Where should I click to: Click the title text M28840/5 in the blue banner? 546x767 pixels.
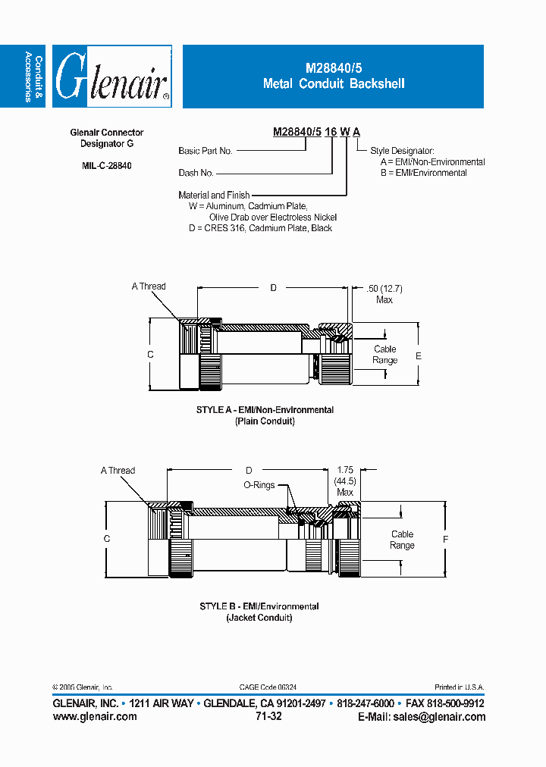click(333, 69)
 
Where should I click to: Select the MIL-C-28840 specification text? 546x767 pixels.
click(106, 165)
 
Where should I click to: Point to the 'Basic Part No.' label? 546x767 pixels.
click(205, 151)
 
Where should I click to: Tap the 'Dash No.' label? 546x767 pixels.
click(196, 173)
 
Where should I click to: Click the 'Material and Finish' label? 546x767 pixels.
click(214, 195)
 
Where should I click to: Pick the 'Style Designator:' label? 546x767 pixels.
click(402, 151)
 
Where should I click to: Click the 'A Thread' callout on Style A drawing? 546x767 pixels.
click(148, 286)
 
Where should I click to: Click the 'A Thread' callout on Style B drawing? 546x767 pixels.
click(118, 470)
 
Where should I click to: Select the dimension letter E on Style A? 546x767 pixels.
click(419, 355)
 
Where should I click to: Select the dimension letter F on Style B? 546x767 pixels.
click(445, 539)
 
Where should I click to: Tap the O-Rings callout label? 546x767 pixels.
click(259, 485)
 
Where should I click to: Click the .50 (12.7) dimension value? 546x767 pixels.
click(384, 289)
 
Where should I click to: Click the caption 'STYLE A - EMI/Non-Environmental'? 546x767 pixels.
click(265, 410)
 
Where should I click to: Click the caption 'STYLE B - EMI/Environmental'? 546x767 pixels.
click(259, 606)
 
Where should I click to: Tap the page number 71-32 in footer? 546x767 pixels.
click(269, 716)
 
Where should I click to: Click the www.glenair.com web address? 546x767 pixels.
click(95, 716)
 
